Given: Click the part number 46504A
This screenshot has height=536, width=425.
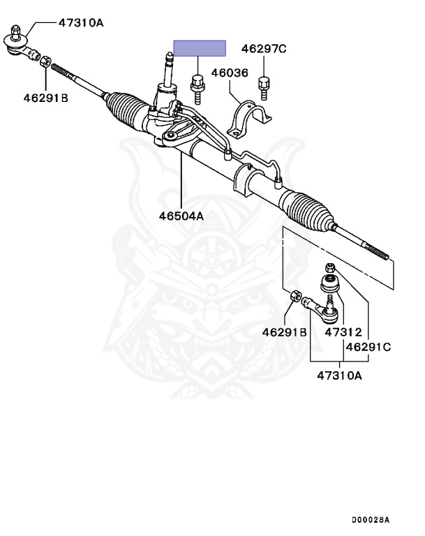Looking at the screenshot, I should [181, 216].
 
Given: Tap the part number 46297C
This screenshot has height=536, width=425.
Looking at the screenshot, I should [264, 49].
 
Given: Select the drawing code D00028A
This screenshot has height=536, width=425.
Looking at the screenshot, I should [371, 520].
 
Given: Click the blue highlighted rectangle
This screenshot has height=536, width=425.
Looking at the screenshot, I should [200, 48].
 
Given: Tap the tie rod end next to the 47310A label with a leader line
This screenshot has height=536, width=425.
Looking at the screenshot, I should [20, 43].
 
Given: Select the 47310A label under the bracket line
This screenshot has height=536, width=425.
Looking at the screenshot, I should [340, 375].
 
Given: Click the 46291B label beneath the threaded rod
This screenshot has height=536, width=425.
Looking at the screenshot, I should [45, 98].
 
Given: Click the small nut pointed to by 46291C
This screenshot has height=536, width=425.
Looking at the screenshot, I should [330, 267].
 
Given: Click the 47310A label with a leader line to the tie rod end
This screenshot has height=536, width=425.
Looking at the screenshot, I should [80, 22].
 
